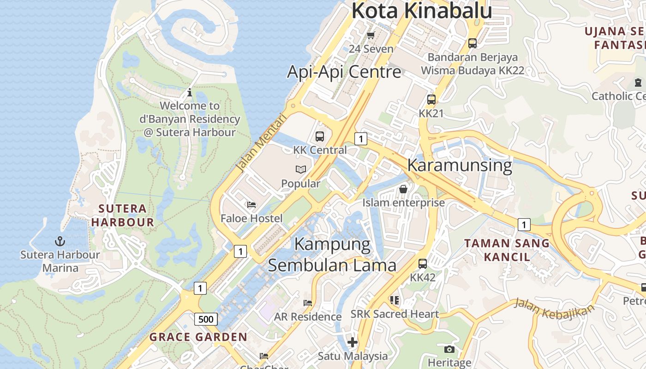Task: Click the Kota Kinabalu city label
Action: [422, 11]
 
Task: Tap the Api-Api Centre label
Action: [344, 72]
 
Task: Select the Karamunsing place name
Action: [460, 165]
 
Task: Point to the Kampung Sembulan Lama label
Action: [332, 255]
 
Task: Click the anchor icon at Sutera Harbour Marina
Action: [60, 241]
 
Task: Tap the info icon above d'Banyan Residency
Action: [190, 92]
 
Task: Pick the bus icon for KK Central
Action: [320, 137]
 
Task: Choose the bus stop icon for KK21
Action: [431, 100]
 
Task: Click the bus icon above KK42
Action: [423, 264]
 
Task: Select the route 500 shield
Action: [206, 319]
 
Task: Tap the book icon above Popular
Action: [301, 170]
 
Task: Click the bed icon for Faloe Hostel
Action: [251, 204]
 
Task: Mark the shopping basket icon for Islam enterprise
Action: [403, 189]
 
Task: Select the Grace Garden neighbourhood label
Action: [198, 337]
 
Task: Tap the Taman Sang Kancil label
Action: [507, 250]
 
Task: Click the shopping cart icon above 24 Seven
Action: [371, 35]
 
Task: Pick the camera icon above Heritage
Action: [449, 349]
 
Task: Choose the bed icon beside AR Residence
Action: [308, 303]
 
